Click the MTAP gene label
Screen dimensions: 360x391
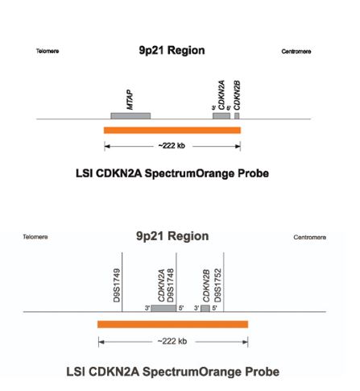pyautogui.click(x=130, y=100)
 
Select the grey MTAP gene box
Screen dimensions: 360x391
pyautogui.click(x=130, y=116)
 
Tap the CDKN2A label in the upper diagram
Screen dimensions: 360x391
pyautogui.click(x=221, y=95)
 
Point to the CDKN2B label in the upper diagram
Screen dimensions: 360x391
pyautogui.click(x=237, y=95)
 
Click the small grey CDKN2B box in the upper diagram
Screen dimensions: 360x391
pyautogui.click(x=237, y=116)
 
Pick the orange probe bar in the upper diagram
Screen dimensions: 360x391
pyautogui.click(x=172, y=130)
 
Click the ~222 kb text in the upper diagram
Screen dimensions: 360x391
pyautogui.click(x=172, y=146)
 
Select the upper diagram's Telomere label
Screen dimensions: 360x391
pyautogui.click(x=48, y=51)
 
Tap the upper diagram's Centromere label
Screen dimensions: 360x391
pyautogui.click(x=296, y=52)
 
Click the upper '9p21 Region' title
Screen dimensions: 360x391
pyautogui.click(x=172, y=50)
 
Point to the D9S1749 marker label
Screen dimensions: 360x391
pyautogui.click(x=117, y=285)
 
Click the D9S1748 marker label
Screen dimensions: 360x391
pyautogui.click(x=171, y=285)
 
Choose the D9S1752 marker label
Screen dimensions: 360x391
pyautogui.click(x=217, y=285)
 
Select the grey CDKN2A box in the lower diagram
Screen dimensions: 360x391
pyautogui.click(x=163, y=308)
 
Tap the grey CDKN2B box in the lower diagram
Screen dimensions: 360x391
pyautogui.click(x=205, y=308)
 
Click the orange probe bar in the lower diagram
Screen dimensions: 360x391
pyautogui.click(x=172, y=324)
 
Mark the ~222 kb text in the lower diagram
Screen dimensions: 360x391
pyautogui.click(x=172, y=341)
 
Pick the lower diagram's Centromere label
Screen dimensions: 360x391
pyautogui.click(x=310, y=237)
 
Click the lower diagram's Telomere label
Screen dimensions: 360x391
pyautogui.click(x=35, y=237)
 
